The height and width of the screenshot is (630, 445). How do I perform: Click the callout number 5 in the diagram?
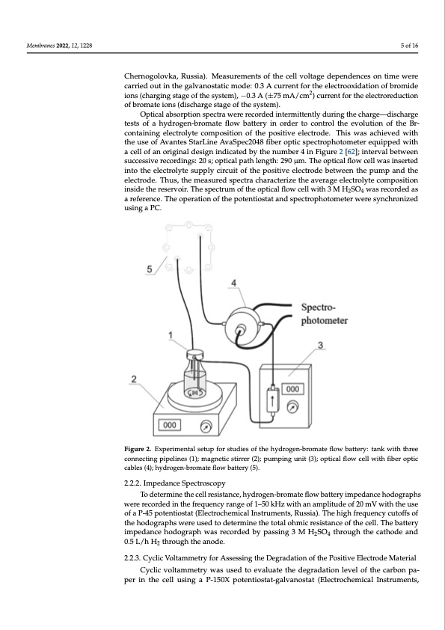click(x=150, y=269)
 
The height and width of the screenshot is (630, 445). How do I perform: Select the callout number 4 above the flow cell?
click(x=234, y=283)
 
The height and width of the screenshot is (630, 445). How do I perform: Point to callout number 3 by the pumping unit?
click(x=320, y=345)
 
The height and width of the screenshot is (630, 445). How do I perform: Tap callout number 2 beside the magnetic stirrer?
click(x=134, y=379)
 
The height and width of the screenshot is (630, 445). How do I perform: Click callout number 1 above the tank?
click(x=171, y=334)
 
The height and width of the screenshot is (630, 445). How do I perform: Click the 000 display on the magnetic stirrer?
click(x=170, y=425)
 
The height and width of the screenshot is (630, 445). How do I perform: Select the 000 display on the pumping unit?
click(x=292, y=389)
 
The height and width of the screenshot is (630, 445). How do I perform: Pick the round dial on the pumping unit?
click(x=292, y=408)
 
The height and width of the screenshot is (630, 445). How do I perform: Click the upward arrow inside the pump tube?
click(x=273, y=400)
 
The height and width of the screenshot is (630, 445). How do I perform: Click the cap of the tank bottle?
click(x=194, y=355)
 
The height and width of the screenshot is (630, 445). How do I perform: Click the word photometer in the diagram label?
click(x=325, y=321)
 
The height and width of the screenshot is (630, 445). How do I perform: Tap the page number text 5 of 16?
click(x=409, y=46)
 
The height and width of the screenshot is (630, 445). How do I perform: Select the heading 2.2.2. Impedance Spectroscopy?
click(x=175, y=483)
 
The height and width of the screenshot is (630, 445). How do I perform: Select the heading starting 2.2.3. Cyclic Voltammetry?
click(x=270, y=557)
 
